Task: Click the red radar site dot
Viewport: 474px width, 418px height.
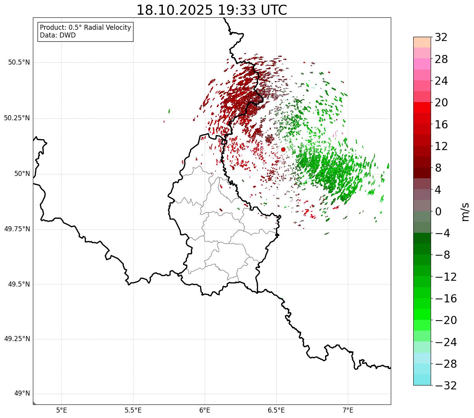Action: coord(283,149)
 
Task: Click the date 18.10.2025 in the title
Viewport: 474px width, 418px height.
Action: coord(175,10)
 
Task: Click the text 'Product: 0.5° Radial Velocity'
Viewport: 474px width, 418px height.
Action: coord(86,28)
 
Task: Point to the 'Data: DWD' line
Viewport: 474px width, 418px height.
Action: coord(58,35)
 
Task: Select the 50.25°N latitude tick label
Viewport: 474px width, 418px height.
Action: coord(17,118)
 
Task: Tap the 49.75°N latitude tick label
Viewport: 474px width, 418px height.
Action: coord(17,229)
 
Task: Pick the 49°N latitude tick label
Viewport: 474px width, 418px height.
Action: coord(22,394)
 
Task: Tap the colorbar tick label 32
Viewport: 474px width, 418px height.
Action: coord(441,38)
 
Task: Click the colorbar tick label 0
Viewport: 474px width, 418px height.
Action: coord(438,212)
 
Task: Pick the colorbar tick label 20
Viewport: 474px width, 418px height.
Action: coord(441,103)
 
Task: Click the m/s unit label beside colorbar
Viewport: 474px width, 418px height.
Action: coord(465,212)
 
